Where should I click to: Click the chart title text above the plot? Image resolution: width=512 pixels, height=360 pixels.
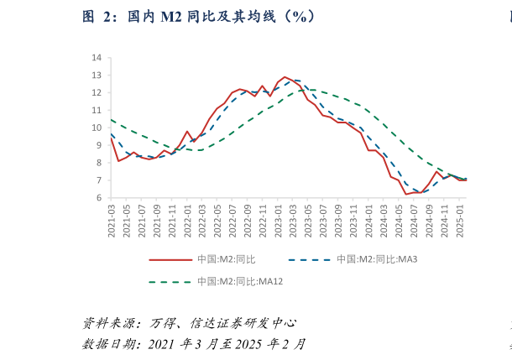200,16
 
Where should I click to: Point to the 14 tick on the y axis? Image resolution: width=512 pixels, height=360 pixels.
97,58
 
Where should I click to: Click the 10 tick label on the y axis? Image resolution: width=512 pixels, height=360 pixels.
97,128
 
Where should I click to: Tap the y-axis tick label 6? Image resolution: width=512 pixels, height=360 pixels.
99,198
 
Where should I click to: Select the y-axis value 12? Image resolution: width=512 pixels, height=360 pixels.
97,93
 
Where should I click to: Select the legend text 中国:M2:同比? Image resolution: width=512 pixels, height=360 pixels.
226,259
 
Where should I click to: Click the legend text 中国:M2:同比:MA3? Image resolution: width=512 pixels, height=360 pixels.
377,259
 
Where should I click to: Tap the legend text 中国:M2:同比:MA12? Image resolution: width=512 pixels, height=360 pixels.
240,281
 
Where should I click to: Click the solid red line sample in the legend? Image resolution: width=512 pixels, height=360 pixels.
170,259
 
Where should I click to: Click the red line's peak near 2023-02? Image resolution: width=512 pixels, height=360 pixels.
285,76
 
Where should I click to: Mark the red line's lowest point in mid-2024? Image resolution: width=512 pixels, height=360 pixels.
406,194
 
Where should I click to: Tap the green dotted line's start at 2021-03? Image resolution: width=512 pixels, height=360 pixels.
112,120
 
